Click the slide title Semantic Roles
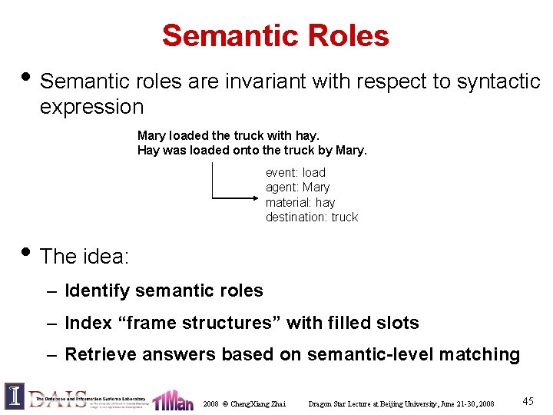(x=276, y=35)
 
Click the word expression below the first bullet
(x=91, y=107)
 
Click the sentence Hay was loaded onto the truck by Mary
(x=252, y=151)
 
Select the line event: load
(x=296, y=173)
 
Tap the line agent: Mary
(x=297, y=188)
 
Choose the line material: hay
(x=300, y=202)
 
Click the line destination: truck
(x=312, y=217)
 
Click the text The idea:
(x=84, y=256)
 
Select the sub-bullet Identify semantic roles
(x=164, y=290)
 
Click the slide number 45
(x=528, y=401)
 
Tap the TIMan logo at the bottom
(x=173, y=400)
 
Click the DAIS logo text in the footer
(x=58, y=398)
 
